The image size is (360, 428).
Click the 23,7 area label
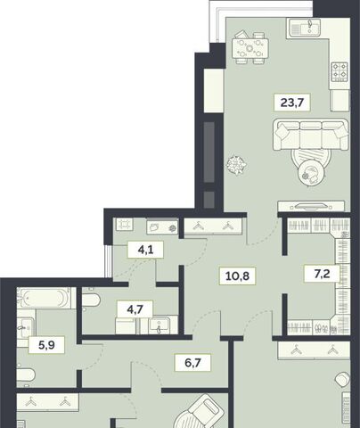pos(292,103)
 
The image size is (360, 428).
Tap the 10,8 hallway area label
pos(237,276)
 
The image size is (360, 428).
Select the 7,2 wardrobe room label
pos(322,274)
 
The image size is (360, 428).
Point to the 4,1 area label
pos(145,250)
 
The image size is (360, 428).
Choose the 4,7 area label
pos(135,309)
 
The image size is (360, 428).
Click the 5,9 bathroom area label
pos(46,345)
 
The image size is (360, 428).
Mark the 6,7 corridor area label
pos(192,363)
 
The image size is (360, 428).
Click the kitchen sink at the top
pos(306,28)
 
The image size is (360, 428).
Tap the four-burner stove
pos(340,71)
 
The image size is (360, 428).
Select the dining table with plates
pos(250,48)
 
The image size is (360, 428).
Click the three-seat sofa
pos(311,135)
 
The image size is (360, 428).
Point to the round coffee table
pos(310,174)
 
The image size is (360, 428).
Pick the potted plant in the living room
pos(236,165)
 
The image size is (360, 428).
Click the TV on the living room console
pos(311,205)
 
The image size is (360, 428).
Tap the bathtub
pos(44,298)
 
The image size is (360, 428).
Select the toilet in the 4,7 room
pos(90,300)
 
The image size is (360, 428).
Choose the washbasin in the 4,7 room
pos(160,325)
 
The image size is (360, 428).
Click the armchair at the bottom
pos(199,412)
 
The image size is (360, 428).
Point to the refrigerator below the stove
pos(340,101)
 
